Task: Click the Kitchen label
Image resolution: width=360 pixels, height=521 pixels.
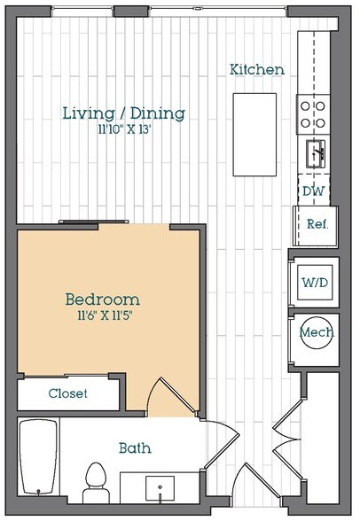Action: coord(257,69)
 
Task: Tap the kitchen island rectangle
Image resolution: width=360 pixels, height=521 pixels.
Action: coord(254,135)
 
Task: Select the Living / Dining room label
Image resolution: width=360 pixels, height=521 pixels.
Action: coord(124,113)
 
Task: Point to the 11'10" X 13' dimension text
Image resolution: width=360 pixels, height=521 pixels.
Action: coord(125,129)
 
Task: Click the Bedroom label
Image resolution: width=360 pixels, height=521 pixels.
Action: coord(102,299)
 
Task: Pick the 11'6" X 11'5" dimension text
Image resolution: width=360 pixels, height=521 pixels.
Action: coord(105,315)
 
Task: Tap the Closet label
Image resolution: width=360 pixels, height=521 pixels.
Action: coord(67,393)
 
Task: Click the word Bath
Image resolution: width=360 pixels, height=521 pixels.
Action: coord(135,448)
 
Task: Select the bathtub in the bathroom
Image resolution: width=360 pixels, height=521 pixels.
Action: coord(37,457)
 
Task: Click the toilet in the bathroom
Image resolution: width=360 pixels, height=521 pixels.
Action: coord(96,483)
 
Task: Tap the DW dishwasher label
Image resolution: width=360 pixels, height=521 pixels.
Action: coord(314,191)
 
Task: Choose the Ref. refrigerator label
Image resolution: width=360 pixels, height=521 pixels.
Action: coord(317,224)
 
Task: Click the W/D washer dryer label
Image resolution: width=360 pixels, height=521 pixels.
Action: coord(315,283)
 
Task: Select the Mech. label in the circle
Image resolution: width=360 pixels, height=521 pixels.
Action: coord(317,332)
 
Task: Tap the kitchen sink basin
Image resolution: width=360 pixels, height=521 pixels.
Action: coord(316,153)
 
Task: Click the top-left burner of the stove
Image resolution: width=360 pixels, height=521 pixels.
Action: coord(305,106)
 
